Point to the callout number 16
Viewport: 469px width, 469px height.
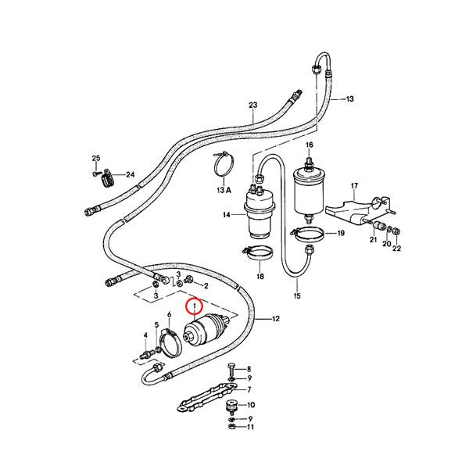click(309, 146)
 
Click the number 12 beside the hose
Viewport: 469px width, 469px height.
click(275, 319)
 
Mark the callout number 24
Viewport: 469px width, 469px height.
click(130, 174)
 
